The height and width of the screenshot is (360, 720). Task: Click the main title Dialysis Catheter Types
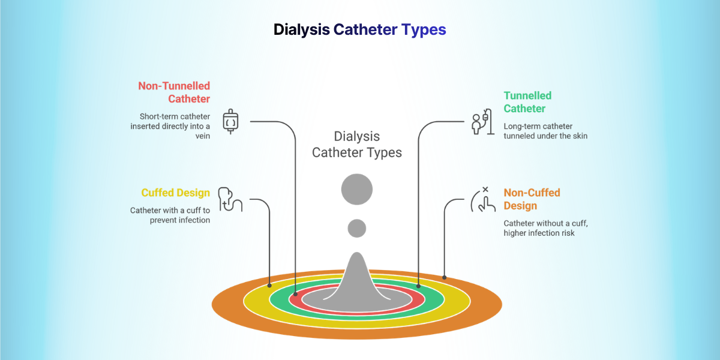click(359, 29)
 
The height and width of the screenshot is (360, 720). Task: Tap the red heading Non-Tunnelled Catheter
click(174, 92)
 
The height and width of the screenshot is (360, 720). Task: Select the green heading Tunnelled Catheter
click(527, 102)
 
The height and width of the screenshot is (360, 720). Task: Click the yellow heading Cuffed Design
click(175, 193)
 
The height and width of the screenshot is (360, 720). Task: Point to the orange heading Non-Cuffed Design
click(532, 199)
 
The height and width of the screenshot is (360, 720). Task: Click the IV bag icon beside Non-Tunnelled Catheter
click(231, 121)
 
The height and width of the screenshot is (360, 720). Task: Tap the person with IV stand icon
click(478, 122)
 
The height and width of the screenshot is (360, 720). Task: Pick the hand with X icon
click(483, 200)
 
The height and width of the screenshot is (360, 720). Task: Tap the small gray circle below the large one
click(357, 228)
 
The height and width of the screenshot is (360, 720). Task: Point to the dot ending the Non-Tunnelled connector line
click(295, 295)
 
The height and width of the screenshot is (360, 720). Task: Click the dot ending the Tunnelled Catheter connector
click(418, 287)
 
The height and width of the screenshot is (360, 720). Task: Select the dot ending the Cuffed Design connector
click(269, 286)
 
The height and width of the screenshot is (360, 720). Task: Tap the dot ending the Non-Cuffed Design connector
click(444, 277)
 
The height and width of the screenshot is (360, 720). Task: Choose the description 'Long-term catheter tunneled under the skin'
click(545, 131)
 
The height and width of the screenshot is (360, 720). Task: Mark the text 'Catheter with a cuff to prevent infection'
click(170, 215)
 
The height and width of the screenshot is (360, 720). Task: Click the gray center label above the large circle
click(357, 145)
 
